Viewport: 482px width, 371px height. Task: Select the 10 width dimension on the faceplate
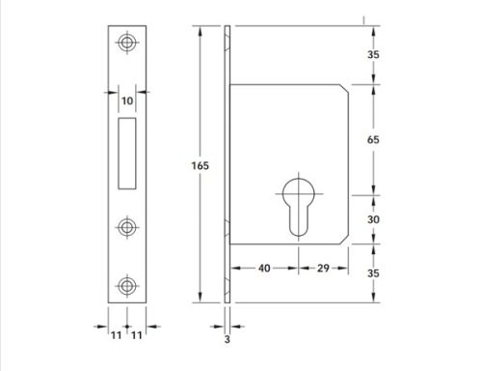125,99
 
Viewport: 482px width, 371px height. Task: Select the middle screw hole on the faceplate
126,226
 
